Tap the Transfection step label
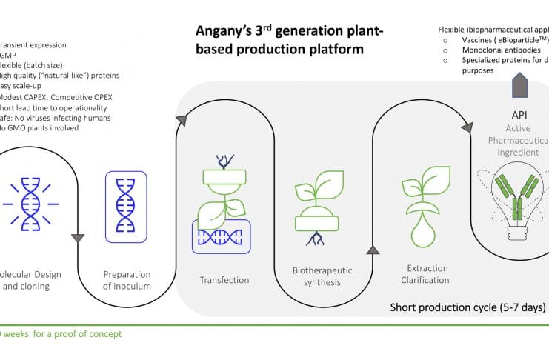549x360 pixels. click(224, 280)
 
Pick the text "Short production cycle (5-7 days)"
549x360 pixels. click(468, 307)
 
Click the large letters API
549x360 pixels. click(519, 116)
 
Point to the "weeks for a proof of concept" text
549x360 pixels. click(63, 334)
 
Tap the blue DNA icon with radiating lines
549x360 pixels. click(31, 201)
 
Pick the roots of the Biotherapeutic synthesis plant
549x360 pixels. click(316, 239)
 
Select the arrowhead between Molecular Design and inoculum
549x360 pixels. click(78, 238)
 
